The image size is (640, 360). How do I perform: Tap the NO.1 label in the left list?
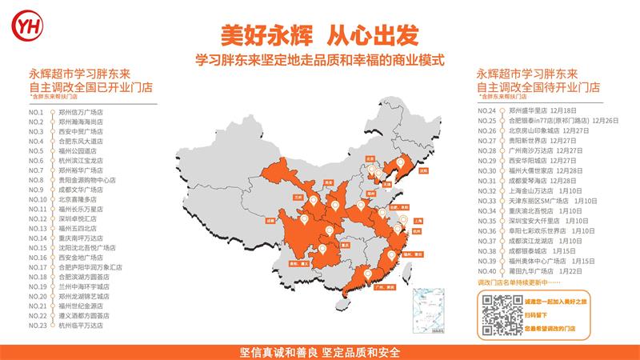point(35,111)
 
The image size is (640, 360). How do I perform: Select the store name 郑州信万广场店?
point(81,111)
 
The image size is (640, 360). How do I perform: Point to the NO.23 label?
point(37,326)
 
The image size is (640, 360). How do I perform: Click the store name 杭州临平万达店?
point(81,326)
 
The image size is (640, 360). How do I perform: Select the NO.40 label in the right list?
point(487,270)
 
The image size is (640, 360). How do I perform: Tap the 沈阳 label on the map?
point(423,170)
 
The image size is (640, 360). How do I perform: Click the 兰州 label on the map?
point(298,194)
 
